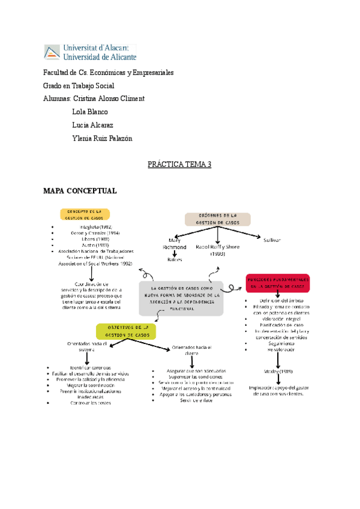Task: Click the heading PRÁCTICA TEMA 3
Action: [179, 164]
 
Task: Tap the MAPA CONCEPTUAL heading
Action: [80, 191]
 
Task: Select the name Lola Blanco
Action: [90, 112]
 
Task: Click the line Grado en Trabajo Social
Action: [79, 85]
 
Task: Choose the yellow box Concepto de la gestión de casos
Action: [85, 215]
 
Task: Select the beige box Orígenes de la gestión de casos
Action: [218, 219]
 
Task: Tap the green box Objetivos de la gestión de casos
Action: [125, 331]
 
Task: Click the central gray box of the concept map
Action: [181, 298]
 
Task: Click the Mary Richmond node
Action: [175, 244]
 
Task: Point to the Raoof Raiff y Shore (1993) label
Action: [217, 250]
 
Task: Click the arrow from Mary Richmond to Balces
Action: [175, 254]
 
